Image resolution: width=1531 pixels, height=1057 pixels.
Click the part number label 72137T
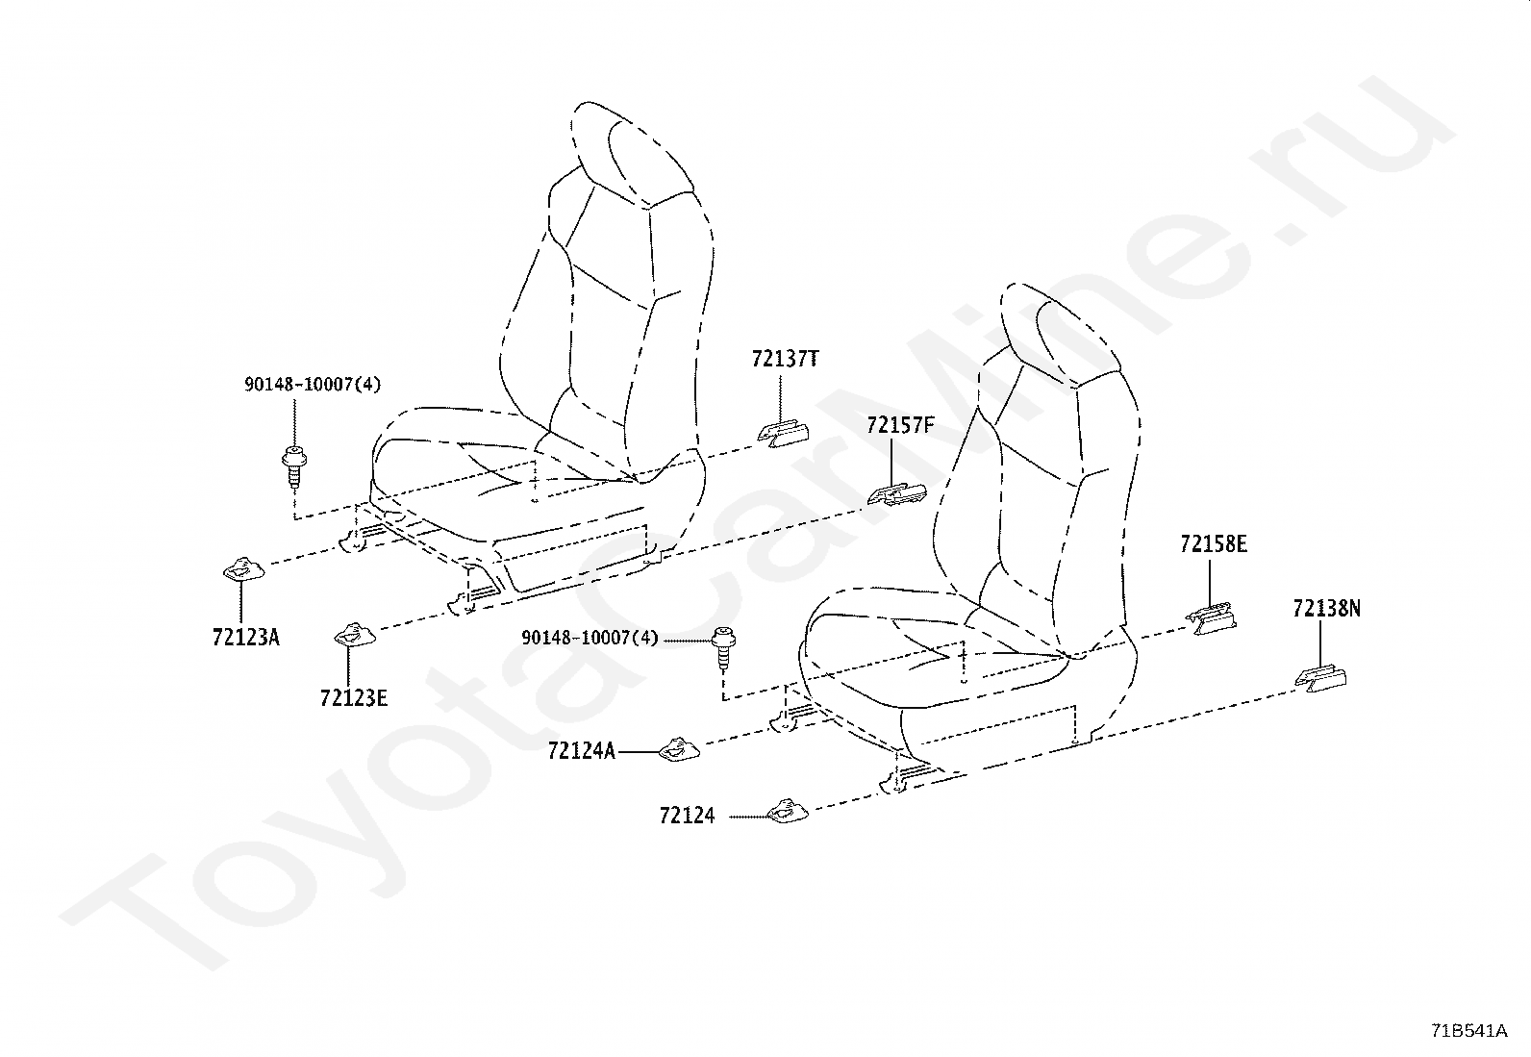tap(786, 360)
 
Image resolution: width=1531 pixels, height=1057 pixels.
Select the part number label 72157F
tap(899, 425)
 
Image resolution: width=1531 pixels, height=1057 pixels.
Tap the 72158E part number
tap(1214, 544)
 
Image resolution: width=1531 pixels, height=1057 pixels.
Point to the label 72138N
tap(1326, 609)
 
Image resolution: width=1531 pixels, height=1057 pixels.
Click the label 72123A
tap(246, 637)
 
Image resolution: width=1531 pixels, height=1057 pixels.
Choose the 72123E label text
tap(354, 697)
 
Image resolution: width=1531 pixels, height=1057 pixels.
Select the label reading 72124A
tap(581, 751)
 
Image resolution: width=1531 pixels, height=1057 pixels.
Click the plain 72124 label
tap(687, 816)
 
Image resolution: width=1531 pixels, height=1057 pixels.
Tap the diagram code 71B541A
tap(1468, 1031)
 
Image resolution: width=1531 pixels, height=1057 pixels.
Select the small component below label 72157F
tap(895, 493)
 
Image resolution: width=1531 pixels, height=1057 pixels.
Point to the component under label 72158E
tap(1212, 618)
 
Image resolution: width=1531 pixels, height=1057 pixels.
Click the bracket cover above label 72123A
tap(242, 571)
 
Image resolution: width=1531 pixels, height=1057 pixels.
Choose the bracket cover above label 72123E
tap(353, 635)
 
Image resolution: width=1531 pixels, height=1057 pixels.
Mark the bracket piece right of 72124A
tap(679, 749)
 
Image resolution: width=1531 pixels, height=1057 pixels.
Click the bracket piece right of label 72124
tap(788, 813)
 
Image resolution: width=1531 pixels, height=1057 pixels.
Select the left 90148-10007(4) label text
tap(312, 385)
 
